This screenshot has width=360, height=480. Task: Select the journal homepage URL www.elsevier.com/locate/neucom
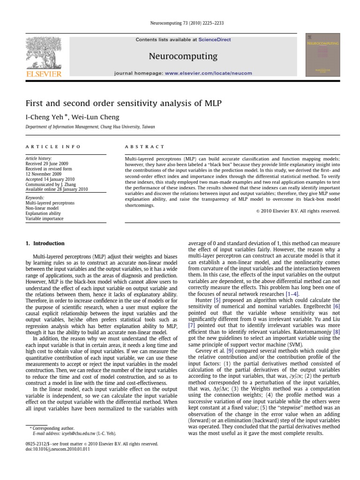(x=209, y=73)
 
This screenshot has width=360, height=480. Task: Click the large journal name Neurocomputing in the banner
(x=183, y=56)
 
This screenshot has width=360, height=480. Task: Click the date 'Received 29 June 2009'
(x=48, y=164)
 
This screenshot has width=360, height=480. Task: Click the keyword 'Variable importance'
(x=44, y=218)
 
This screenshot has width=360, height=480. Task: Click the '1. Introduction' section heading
(x=45, y=243)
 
